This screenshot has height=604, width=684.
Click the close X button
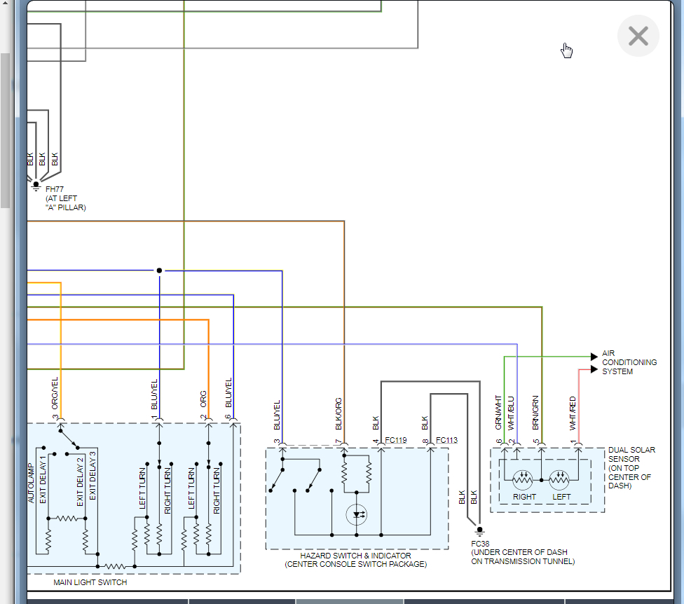click(x=638, y=36)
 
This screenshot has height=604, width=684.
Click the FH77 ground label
click(x=55, y=189)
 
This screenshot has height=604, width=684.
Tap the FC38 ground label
click(x=481, y=543)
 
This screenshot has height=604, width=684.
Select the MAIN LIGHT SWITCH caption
click(x=90, y=582)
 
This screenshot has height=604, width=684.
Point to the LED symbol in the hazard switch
click(x=357, y=515)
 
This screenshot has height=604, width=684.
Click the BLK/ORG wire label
click(x=338, y=413)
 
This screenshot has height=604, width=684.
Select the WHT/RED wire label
click(x=573, y=413)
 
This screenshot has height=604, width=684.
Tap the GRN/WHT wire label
click(x=498, y=412)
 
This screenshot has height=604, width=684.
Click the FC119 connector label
click(x=395, y=441)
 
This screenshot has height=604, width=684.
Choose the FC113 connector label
click(x=446, y=441)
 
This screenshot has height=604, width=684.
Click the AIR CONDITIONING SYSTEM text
click(x=629, y=362)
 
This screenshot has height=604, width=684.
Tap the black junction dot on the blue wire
click(x=159, y=270)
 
